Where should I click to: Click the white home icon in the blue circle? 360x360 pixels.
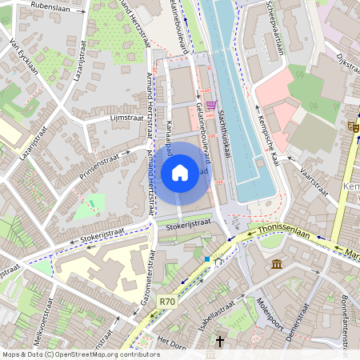pos(180,172)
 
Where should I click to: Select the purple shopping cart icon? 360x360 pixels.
pos(210,104)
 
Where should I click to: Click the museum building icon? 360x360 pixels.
pos(276,264)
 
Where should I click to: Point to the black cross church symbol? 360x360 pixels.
pos(220,341)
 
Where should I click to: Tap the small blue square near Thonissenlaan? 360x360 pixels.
pos(206,259)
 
